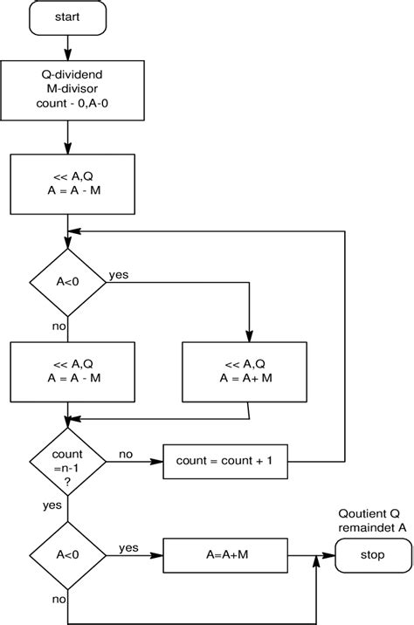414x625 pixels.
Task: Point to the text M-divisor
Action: [68, 88]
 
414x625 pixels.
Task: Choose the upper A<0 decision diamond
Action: [67, 281]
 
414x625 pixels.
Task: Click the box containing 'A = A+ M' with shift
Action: [244, 371]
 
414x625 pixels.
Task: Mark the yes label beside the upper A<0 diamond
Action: [118, 274]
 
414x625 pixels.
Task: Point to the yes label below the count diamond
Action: [52, 505]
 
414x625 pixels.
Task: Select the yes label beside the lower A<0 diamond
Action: [128, 547]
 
